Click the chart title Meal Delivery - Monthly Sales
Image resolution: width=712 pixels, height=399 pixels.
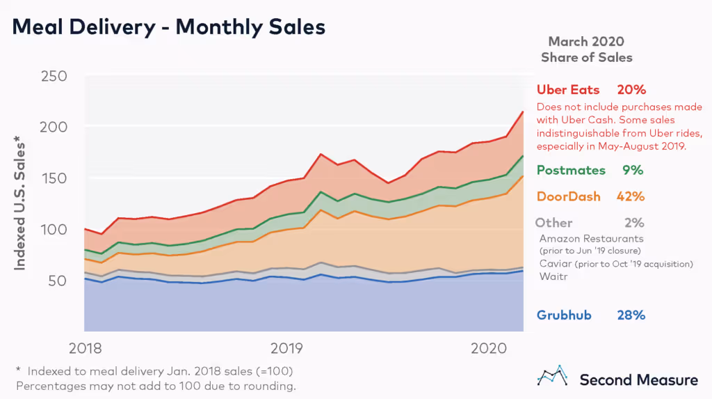[x=169, y=27]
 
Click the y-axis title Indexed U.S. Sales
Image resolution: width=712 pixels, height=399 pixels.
[x=21, y=205]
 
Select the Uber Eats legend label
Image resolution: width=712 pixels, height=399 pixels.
[x=568, y=90]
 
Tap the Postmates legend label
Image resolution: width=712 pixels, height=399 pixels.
[x=571, y=171]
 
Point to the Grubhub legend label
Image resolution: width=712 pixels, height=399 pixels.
[x=564, y=315]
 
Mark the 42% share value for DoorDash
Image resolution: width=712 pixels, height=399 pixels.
[x=631, y=196]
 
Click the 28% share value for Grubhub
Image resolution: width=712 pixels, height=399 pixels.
[x=631, y=315]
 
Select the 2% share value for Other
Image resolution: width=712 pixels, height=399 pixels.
[x=634, y=223]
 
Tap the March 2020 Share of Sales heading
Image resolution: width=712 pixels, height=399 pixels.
[x=586, y=49]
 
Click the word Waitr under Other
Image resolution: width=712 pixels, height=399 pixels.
[x=552, y=276]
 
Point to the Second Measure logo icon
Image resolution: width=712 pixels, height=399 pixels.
[x=553, y=376]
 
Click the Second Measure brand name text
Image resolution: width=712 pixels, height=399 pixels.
[x=638, y=380]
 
